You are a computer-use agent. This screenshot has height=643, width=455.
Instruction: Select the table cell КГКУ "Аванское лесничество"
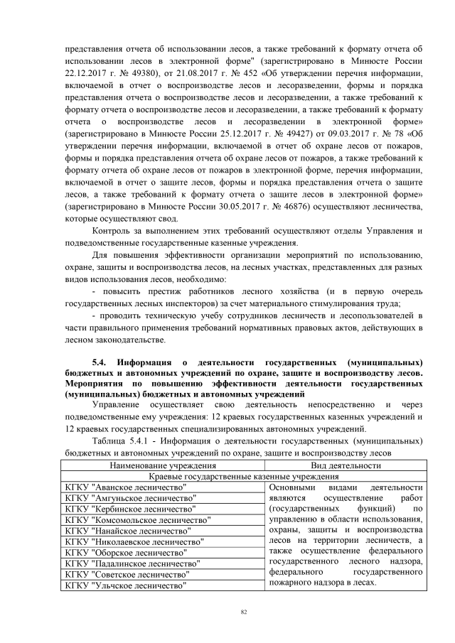[125, 487]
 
